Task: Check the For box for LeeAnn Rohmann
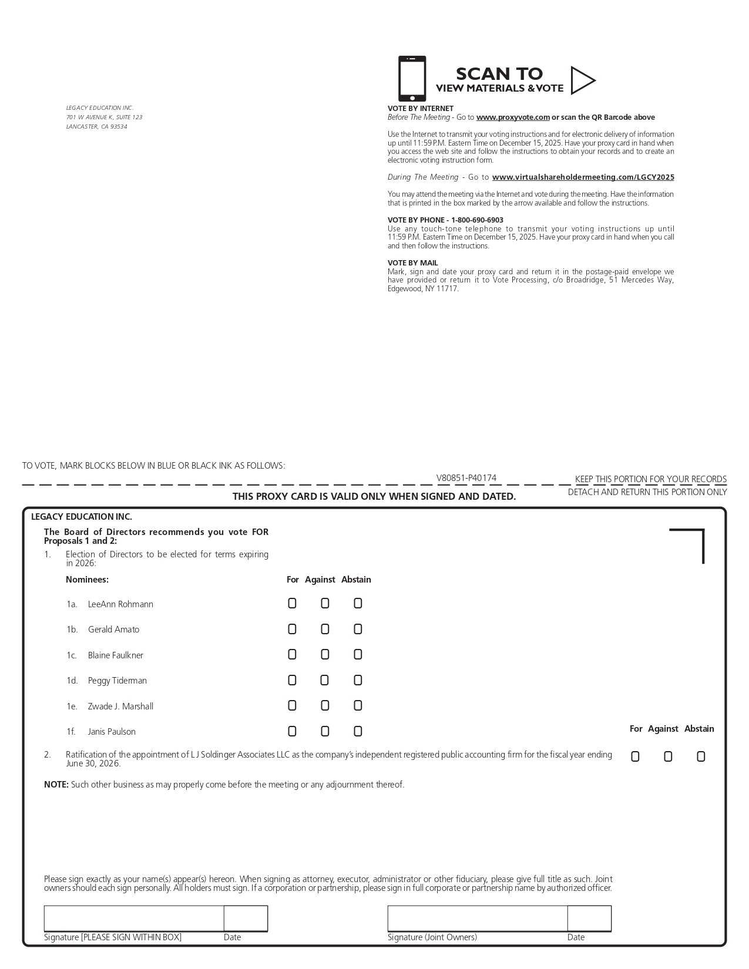[292, 604]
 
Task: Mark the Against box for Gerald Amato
[325, 630]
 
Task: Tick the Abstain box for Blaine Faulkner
[358, 655]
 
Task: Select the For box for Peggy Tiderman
[292, 681]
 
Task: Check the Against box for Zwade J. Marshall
[325, 706]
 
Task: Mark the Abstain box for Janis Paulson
[358, 732]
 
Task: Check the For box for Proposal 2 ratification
[635, 757]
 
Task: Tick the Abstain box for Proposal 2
[701, 757]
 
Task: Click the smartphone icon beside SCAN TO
[412, 79]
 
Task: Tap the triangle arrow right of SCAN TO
[582, 80]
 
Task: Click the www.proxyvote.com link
[513, 117]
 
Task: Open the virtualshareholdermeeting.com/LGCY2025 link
[583, 177]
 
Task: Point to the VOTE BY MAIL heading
[412, 263]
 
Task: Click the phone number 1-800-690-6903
[477, 220]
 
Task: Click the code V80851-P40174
[466, 478]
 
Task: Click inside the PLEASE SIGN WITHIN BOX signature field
[134, 918]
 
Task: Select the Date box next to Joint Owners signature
[589, 918]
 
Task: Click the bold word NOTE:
[56, 785]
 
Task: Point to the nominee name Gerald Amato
[113, 630]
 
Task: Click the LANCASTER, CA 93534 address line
[96, 127]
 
